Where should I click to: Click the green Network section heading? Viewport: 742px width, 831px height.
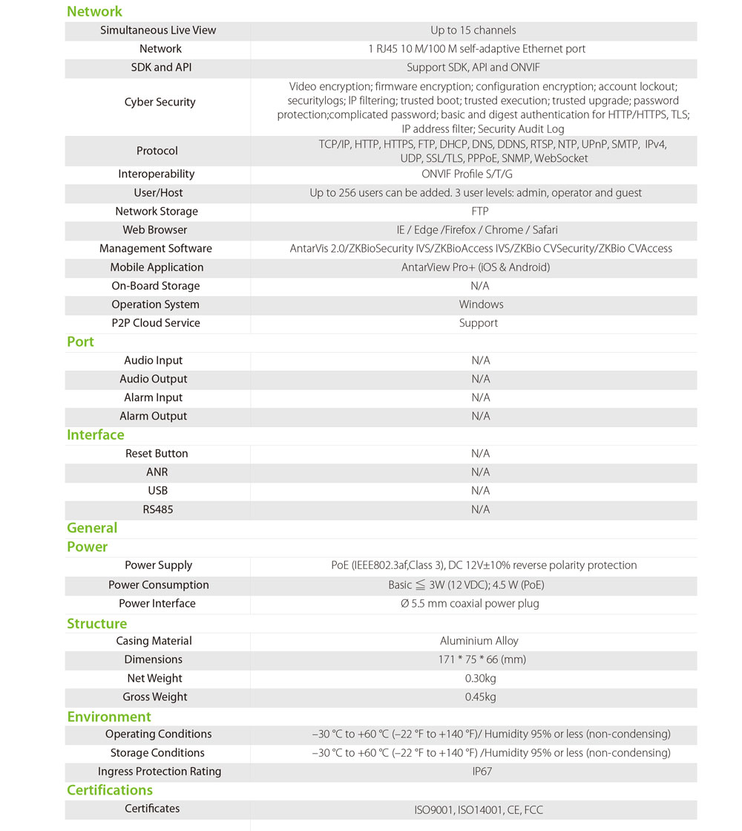click(x=94, y=11)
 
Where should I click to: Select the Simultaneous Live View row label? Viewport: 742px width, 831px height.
click(x=158, y=30)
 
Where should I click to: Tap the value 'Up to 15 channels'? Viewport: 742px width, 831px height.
click(x=473, y=30)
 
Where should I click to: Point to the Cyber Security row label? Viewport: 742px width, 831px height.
click(x=160, y=102)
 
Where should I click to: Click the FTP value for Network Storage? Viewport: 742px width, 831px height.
click(x=479, y=212)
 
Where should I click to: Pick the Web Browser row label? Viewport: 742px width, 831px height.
click(x=154, y=230)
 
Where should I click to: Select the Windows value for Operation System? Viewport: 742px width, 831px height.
click(x=481, y=304)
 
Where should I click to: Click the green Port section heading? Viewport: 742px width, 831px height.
click(x=80, y=342)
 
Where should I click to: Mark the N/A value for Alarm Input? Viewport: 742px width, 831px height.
click(x=481, y=398)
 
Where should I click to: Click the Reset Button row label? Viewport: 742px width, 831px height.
click(x=157, y=454)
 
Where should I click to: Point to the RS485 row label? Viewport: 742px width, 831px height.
click(x=157, y=509)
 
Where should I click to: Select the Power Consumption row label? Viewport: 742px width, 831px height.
click(x=159, y=585)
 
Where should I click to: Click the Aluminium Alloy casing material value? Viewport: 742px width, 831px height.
click(x=479, y=641)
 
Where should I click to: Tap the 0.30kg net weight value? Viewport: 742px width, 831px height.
click(x=480, y=678)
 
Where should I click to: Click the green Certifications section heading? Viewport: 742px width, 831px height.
click(x=110, y=790)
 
